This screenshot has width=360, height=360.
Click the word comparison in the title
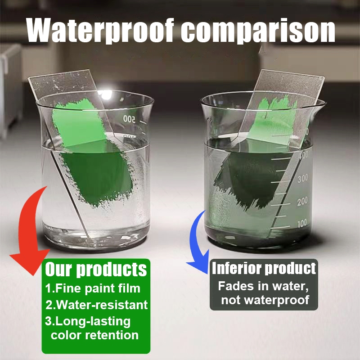pos(258,32)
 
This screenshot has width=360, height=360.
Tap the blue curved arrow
pos(195,243)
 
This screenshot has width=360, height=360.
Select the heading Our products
pos(96,269)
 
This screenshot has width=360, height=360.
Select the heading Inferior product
pos(264,268)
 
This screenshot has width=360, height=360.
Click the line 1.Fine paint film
pos(93,288)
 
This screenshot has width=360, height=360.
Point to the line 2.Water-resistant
pos(96,305)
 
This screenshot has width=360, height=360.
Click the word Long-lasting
pos(93,321)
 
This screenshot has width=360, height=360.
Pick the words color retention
pos(94,335)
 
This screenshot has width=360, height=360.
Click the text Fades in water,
pos(263,286)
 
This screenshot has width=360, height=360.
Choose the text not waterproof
pos(265,300)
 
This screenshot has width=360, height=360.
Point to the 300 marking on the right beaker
pos(302,178)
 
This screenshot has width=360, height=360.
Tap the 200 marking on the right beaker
pos(302,201)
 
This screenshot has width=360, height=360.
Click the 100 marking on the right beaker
pos(302,223)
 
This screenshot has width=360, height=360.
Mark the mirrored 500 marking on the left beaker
pos(129,119)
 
